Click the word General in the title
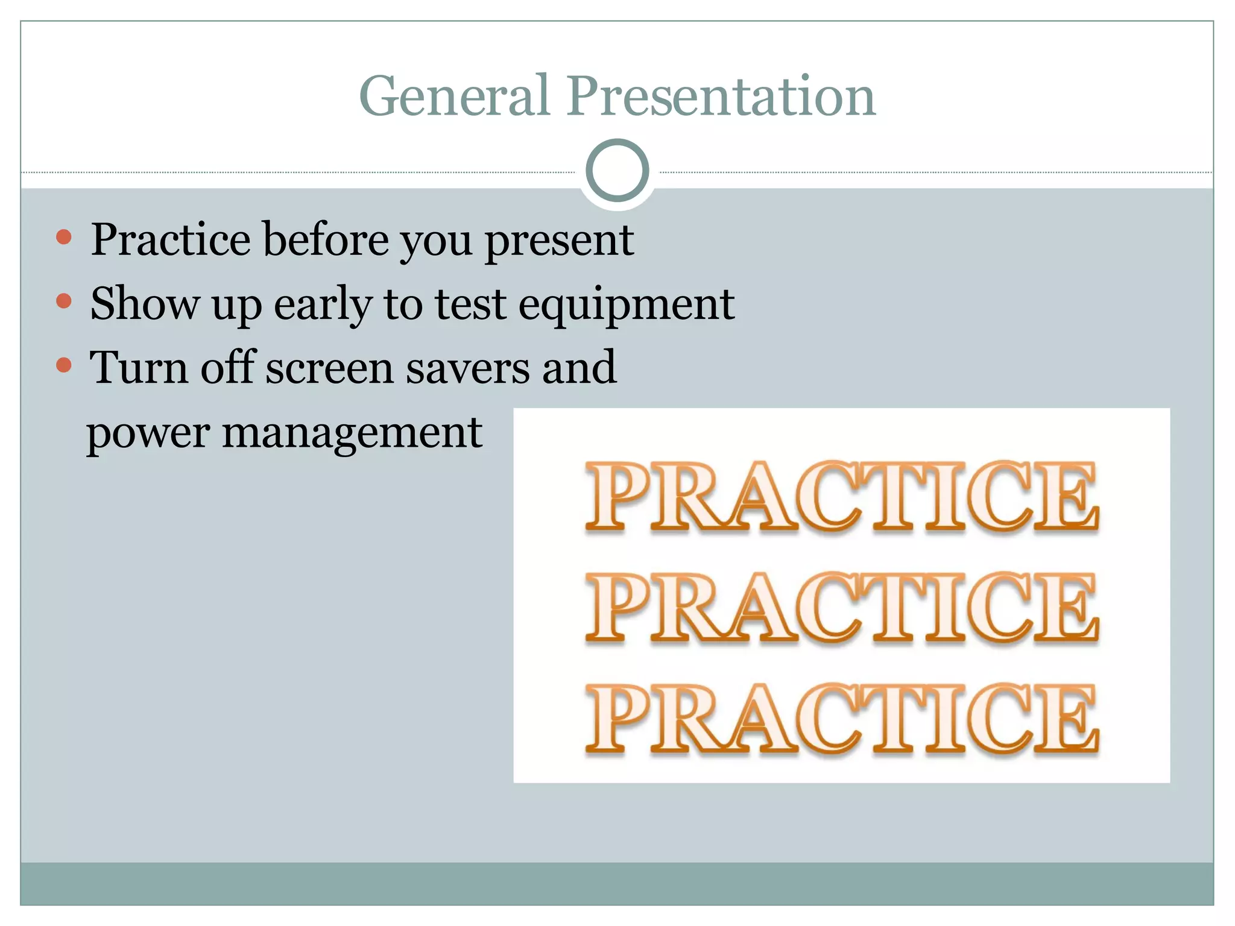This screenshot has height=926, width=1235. pyautogui.click(x=453, y=96)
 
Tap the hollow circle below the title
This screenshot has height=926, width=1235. pyautogui.click(x=617, y=171)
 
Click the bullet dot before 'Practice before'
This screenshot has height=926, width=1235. pyautogui.click(x=63, y=236)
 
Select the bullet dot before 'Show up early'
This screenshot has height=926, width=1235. pyautogui.click(x=63, y=300)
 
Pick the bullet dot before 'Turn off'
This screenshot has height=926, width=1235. pyautogui.click(x=63, y=365)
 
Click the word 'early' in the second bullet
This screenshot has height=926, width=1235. pyautogui.click(x=323, y=304)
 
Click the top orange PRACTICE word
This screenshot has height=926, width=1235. pyautogui.click(x=842, y=497)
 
